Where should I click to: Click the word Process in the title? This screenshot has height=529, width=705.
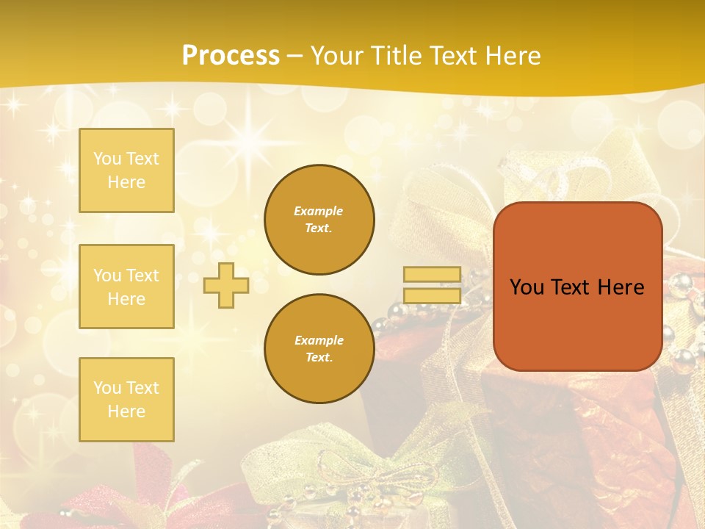231,56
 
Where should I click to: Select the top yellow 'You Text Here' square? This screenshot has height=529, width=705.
126,170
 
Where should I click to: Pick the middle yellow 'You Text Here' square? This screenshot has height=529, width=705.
126,287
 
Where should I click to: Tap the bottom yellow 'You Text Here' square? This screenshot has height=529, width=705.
126,400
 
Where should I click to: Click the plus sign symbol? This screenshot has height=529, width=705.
226,285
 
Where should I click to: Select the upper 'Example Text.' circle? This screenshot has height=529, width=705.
319,219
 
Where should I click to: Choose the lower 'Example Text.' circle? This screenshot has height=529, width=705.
319,348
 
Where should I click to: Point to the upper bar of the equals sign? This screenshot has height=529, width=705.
433,275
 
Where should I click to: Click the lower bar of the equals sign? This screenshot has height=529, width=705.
433,296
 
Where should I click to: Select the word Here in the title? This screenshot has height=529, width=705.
513,56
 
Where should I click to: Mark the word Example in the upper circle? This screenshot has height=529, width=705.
319,211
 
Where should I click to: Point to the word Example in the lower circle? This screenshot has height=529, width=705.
319,340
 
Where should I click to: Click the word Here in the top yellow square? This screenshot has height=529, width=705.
126,182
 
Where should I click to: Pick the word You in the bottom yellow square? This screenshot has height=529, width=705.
107,388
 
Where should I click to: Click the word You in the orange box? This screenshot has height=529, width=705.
527,287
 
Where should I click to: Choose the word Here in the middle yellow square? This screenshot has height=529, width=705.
126,299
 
